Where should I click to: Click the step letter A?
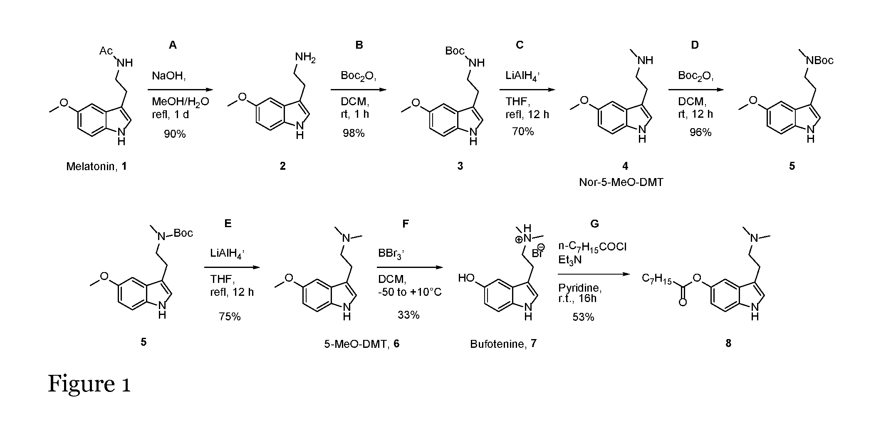pyautogui.click(x=173, y=45)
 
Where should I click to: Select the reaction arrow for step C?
pyautogui.click(x=527, y=89)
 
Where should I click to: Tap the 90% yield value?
pyautogui.click(x=175, y=134)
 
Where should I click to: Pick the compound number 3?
pyautogui.click(x=460, y=166)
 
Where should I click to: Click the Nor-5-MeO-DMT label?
pyautogui.click(x=621, y=182)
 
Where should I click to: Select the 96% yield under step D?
pyautogui.click(x=700, y=132)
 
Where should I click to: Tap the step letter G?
pyautogui.click(x=595, y=224)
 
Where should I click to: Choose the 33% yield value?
pyautogui.click(x=408, y=315)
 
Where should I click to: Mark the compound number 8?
pyautogui.click(x=728, y=343)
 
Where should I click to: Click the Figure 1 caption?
pyautogui.click(x=89, y=384)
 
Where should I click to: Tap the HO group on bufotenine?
pyautogui.click(x=466, y=278)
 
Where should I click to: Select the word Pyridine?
pyautogui.click(x=580, y=288)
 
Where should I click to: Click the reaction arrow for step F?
pyautogui.click(x=410, y=268)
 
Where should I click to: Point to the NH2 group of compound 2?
pyautogui.click(x=305, y=57)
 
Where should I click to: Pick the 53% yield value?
pyautogui.click(x=583, y=317)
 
